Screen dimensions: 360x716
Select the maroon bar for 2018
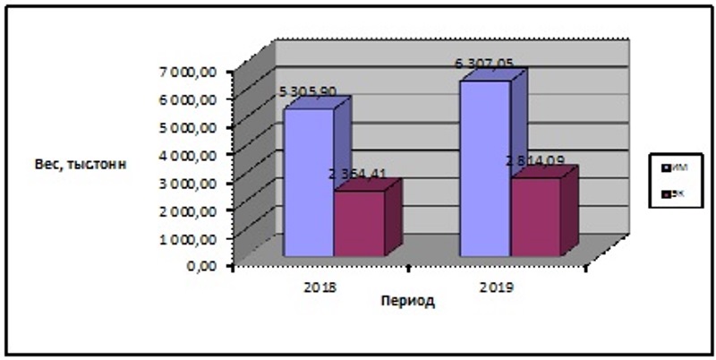359,224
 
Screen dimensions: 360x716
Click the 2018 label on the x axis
320,287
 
